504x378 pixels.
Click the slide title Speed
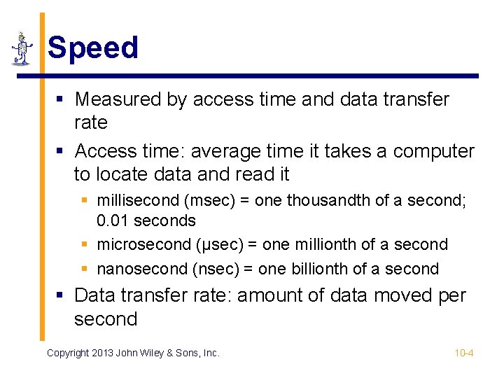tap(93, 48)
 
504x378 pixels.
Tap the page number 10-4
tap(464, 353)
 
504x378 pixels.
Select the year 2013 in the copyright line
tap(103, 353)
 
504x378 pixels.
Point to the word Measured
tap(118, 99)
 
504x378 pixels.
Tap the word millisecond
tap(138, 200)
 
